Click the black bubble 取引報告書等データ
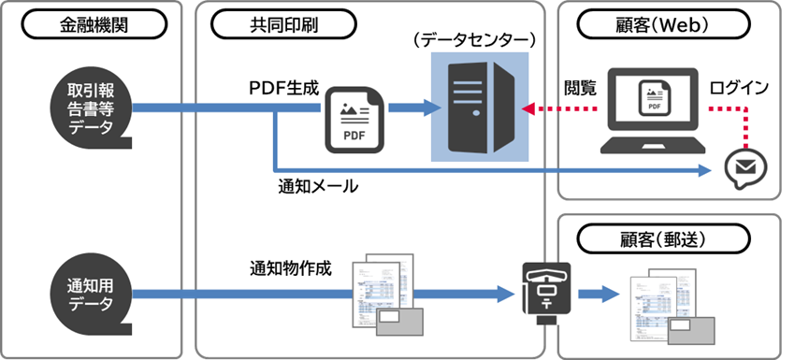92,109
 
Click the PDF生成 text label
283,89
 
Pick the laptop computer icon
652,111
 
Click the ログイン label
739,88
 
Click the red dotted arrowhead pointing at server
529,109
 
